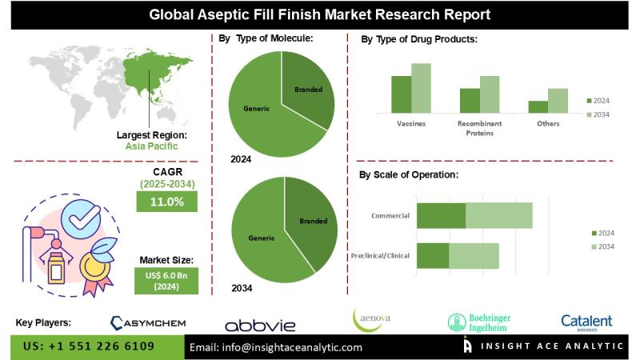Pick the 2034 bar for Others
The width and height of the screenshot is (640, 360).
(558, 101)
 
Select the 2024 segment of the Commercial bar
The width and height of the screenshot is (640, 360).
(441, 215)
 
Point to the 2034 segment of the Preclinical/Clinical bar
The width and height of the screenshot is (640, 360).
(474, 255)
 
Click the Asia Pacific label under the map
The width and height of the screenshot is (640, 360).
(151, 146)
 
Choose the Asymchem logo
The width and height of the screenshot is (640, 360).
(148, 323)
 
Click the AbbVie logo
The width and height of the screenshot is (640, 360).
(260, 325)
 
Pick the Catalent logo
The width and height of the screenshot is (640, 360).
(586, 322)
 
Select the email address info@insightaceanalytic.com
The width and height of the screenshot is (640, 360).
(276, 348)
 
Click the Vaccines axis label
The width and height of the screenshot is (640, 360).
(410, 124)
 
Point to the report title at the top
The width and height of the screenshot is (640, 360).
(320, 14)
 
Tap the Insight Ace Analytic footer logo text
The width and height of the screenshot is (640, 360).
(552, 347)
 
